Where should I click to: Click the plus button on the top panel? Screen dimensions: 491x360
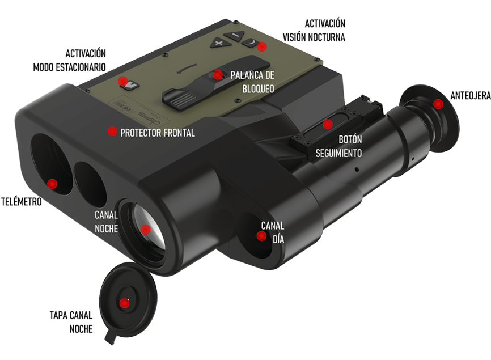[221, 43]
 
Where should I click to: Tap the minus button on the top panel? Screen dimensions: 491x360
[235, 35]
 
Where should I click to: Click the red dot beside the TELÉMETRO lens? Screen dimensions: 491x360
[52, 184]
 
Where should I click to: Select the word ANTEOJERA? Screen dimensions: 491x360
[471, 96]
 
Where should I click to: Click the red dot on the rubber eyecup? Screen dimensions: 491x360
[438, 104]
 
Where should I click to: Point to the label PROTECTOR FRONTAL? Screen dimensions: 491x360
[158, 133]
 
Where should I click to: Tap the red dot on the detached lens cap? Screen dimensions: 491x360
[124, 303]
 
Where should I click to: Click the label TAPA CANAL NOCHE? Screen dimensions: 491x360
[71, 322]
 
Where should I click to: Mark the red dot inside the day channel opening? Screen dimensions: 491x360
[261, 236]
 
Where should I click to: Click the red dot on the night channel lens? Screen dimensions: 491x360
[145, 230]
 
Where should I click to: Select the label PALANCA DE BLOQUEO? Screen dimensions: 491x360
[252, 82]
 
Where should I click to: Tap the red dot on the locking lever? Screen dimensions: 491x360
[217, 75]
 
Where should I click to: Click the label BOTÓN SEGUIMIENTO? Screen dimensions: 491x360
[338, 146]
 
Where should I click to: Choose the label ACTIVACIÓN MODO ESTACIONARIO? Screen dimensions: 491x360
[70, 60]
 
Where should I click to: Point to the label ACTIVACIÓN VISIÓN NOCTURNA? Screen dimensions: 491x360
[314, 31]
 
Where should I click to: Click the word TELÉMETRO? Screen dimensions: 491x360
[22, 202]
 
